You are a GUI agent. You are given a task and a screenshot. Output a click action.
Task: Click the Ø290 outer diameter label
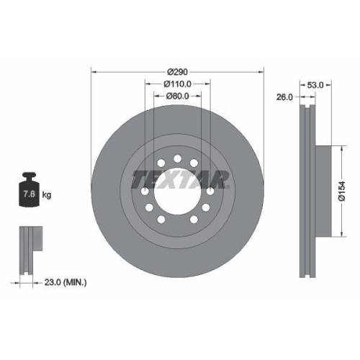pos(178,72)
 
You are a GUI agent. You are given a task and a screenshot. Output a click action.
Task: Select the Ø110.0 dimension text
pos(178,84)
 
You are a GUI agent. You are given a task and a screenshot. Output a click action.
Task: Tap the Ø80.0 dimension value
pos(178,96)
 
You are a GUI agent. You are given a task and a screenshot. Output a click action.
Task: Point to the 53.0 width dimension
pos(315,84)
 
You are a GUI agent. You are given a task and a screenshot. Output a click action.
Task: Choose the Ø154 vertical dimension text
pos(344,190)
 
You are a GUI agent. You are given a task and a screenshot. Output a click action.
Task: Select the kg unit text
pos(48,195)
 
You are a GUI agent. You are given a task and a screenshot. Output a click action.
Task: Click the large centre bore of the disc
pos(178,192)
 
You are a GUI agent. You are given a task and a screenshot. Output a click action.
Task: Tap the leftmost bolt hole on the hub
pos(145,192)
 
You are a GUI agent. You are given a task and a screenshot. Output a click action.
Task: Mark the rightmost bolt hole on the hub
pos(210,192)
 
